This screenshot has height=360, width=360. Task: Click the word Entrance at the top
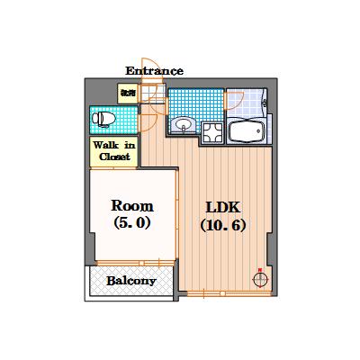154,70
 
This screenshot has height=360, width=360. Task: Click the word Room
131,204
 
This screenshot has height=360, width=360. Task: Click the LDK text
222,206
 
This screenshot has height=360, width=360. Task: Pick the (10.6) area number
222,225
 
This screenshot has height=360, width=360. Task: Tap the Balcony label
131,281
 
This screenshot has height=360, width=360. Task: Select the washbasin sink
184,125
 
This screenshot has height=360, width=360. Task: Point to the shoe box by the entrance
127,92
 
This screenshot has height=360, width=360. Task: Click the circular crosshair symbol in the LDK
260,279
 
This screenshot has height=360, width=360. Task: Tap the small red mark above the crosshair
260,268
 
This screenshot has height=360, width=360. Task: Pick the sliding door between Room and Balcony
131,262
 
